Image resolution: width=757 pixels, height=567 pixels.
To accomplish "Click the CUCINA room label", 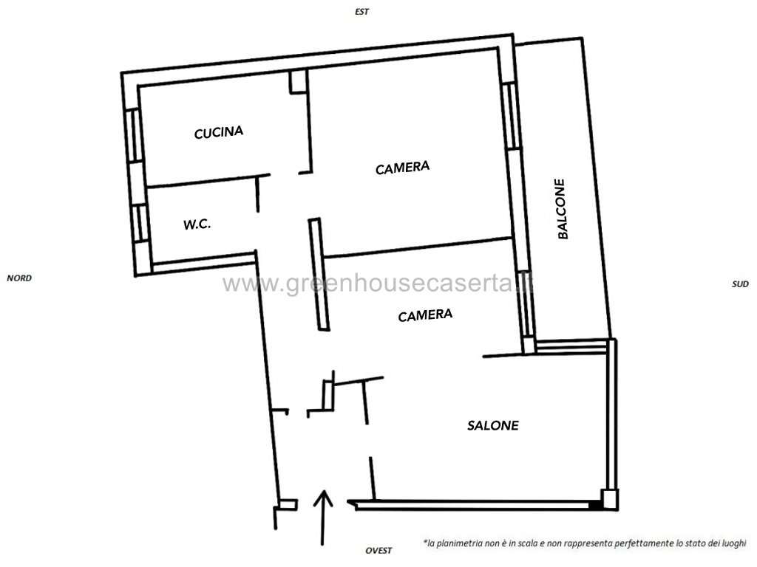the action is [x=218, y=132].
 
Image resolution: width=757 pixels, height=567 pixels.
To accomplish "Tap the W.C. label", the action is [x=197, y=224].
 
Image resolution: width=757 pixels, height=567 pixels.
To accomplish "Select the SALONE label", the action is [x=493, y=425].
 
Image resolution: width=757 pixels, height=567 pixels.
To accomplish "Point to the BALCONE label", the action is [x=561, y=209].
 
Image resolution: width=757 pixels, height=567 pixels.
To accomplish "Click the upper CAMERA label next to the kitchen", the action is [x=403, y=168].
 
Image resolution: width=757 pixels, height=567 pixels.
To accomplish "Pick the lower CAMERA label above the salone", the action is [x=425, y=315].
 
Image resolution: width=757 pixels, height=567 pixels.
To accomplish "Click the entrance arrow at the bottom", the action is [x=323, y=518].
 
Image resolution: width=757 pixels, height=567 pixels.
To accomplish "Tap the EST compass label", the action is [x=362, y=12].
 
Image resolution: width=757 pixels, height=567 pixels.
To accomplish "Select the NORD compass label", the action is [x=19, y=278].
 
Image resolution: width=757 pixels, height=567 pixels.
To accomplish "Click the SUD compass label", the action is [x=740, y=284].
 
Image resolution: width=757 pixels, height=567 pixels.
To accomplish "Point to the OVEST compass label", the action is [x=378, y=551].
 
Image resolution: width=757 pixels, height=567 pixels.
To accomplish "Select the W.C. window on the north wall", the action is [x=140, y=223].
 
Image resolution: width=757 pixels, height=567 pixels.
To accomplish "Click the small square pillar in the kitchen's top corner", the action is [x=298, y=81].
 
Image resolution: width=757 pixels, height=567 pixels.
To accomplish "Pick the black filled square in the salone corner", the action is [x=595, y=505].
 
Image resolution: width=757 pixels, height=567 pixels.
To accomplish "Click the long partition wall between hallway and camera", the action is [x=319, y=275].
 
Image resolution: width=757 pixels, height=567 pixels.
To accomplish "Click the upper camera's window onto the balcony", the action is [x=510, y=115].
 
